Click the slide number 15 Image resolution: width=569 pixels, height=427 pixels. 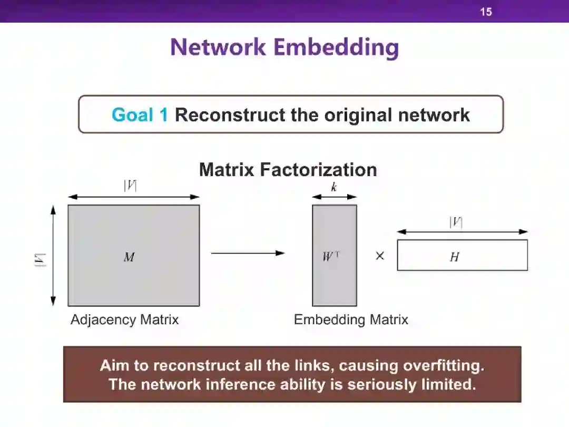click(486, 12)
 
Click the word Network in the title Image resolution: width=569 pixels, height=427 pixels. click(218, 47)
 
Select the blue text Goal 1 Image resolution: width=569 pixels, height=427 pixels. click(140, 115)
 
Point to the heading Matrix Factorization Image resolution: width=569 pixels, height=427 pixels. click(288, 170)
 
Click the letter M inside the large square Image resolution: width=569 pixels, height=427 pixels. click(129, 257)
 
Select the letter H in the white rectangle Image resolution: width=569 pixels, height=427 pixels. click(455, 257)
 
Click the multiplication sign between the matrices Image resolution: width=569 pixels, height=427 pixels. click(380, 256)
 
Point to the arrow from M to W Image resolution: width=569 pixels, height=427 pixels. click(248, 253)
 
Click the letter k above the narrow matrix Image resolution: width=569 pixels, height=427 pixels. click(334, 187)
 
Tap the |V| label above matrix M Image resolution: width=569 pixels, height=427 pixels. click(130, 186)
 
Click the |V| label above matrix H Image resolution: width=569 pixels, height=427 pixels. click(456, 222)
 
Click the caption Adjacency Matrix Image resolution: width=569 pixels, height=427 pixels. click(124, 319)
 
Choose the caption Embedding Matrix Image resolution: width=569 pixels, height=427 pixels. click(351, 319)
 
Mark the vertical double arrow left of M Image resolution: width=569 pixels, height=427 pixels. click(53, 256)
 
